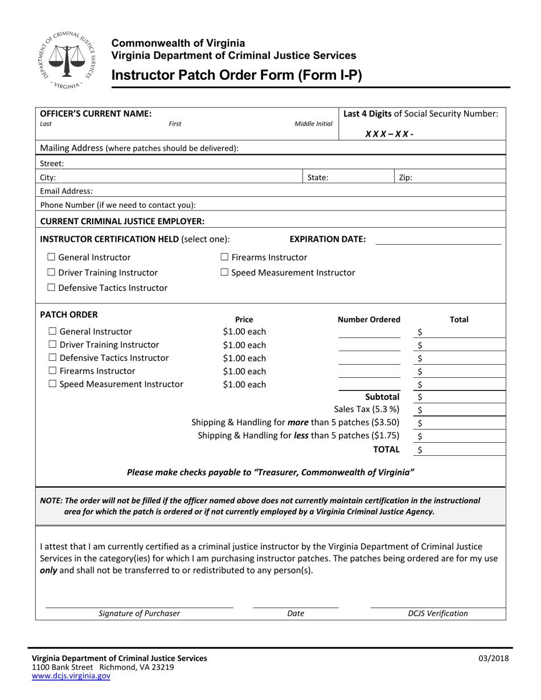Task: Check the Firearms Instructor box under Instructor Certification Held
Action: [224, 258]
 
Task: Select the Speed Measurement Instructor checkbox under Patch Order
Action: [52, 384]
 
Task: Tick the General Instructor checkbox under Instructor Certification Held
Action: [51, 258]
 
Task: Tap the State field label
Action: [318, 177]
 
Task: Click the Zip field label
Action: [405, 177]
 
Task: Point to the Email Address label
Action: [66, 191]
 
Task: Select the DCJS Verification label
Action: [438, 613]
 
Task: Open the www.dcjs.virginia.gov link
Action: [71, 676]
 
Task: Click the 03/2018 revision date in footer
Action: [494, 659]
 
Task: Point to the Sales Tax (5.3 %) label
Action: [366, 409]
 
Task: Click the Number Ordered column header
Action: [369, 320]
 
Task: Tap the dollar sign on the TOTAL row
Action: [420, 450]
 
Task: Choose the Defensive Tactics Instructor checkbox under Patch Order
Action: [52, 358]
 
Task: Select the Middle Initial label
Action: [313, 123]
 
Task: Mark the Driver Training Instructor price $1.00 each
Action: [244, 345]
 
